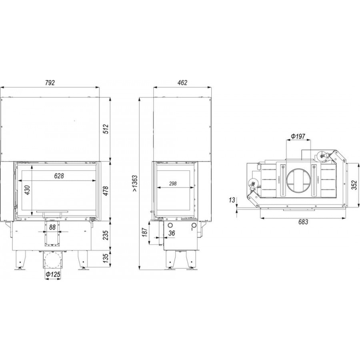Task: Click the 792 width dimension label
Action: point(50,83)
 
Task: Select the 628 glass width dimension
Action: point(59,176)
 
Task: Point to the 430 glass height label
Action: point(27,190)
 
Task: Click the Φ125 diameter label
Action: point(53,274)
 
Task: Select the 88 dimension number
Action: point(52,227)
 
